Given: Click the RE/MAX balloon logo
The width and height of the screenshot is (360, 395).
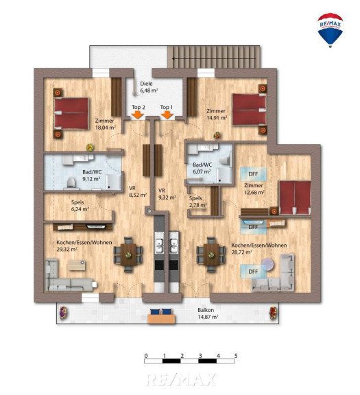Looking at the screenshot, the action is pyautogui.click(x=330, y=30).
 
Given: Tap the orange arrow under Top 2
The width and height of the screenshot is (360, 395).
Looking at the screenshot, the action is pyautogui.click(x=137, y=115).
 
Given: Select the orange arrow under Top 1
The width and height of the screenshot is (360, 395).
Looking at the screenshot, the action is pyautogui.click(x=167, y=115).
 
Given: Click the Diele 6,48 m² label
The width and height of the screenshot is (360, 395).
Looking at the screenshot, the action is pyautogui.click(x=149, y=87).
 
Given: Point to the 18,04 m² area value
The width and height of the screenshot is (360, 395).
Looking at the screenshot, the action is pyautogui.click(x=106, y=128).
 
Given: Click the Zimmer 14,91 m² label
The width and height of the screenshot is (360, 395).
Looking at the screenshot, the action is pyautogui.click(x=217, y=114).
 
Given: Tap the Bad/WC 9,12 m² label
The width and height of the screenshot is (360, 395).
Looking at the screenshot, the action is pyautogui.click(x=92, y=176).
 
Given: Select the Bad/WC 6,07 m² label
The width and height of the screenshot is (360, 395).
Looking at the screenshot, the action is pyautogui.click(x=202, y=168).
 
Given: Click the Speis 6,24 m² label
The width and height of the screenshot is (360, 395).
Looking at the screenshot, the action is pyautogui.click(x=80, y=206).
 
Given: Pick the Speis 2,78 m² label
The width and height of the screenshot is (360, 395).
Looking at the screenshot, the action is pyautogui.click(x=198, y=202).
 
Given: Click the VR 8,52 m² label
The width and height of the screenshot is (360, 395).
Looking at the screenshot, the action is pyautogui.click(x=138, y=191).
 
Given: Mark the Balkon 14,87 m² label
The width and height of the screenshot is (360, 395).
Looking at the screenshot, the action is pyautogui.click(x=208, y=313).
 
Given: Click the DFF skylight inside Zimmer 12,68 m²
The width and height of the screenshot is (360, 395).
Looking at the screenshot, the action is pyautogui.click(x=253, y=174).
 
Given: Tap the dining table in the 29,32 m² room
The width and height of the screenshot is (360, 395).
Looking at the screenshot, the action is pyautogui.click(x=128, y=254).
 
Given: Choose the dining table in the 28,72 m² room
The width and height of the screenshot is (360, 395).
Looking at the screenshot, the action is pyautogui.click(x=211, y=254).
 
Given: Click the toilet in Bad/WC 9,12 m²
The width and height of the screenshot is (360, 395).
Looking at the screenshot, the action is pyautogui.click(x=71, y=182).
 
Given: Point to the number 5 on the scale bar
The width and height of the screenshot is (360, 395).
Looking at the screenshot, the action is pyautogui.click(x=236, y=356).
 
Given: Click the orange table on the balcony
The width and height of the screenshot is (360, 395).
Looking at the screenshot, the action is pyautogui.click(x=161, y=319).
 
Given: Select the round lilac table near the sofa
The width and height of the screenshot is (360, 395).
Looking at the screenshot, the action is pyautogui.click(x=267, y=265).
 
